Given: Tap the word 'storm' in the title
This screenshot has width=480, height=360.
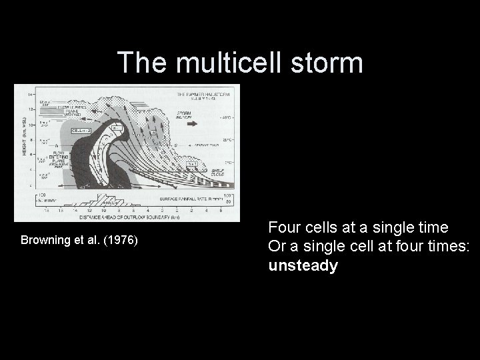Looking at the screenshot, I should pyautogui.click(x=327, y=63).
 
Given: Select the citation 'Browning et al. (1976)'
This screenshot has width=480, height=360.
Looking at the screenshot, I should pyautogui.click(x=79, y=239).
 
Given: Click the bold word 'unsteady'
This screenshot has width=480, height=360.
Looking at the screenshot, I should pyautogui.click(x=303, y=266).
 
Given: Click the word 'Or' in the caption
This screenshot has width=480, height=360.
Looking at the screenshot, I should pyautogui.click(x=277, y=247).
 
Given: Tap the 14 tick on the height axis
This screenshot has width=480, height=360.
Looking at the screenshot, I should pyautogui.click(x=31, y=94).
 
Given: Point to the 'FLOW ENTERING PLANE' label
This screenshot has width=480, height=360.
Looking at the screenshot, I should pyautogui.click(x=58, y=160).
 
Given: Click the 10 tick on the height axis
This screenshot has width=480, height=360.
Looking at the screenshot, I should pyautogui.click(x=31, y=124).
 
